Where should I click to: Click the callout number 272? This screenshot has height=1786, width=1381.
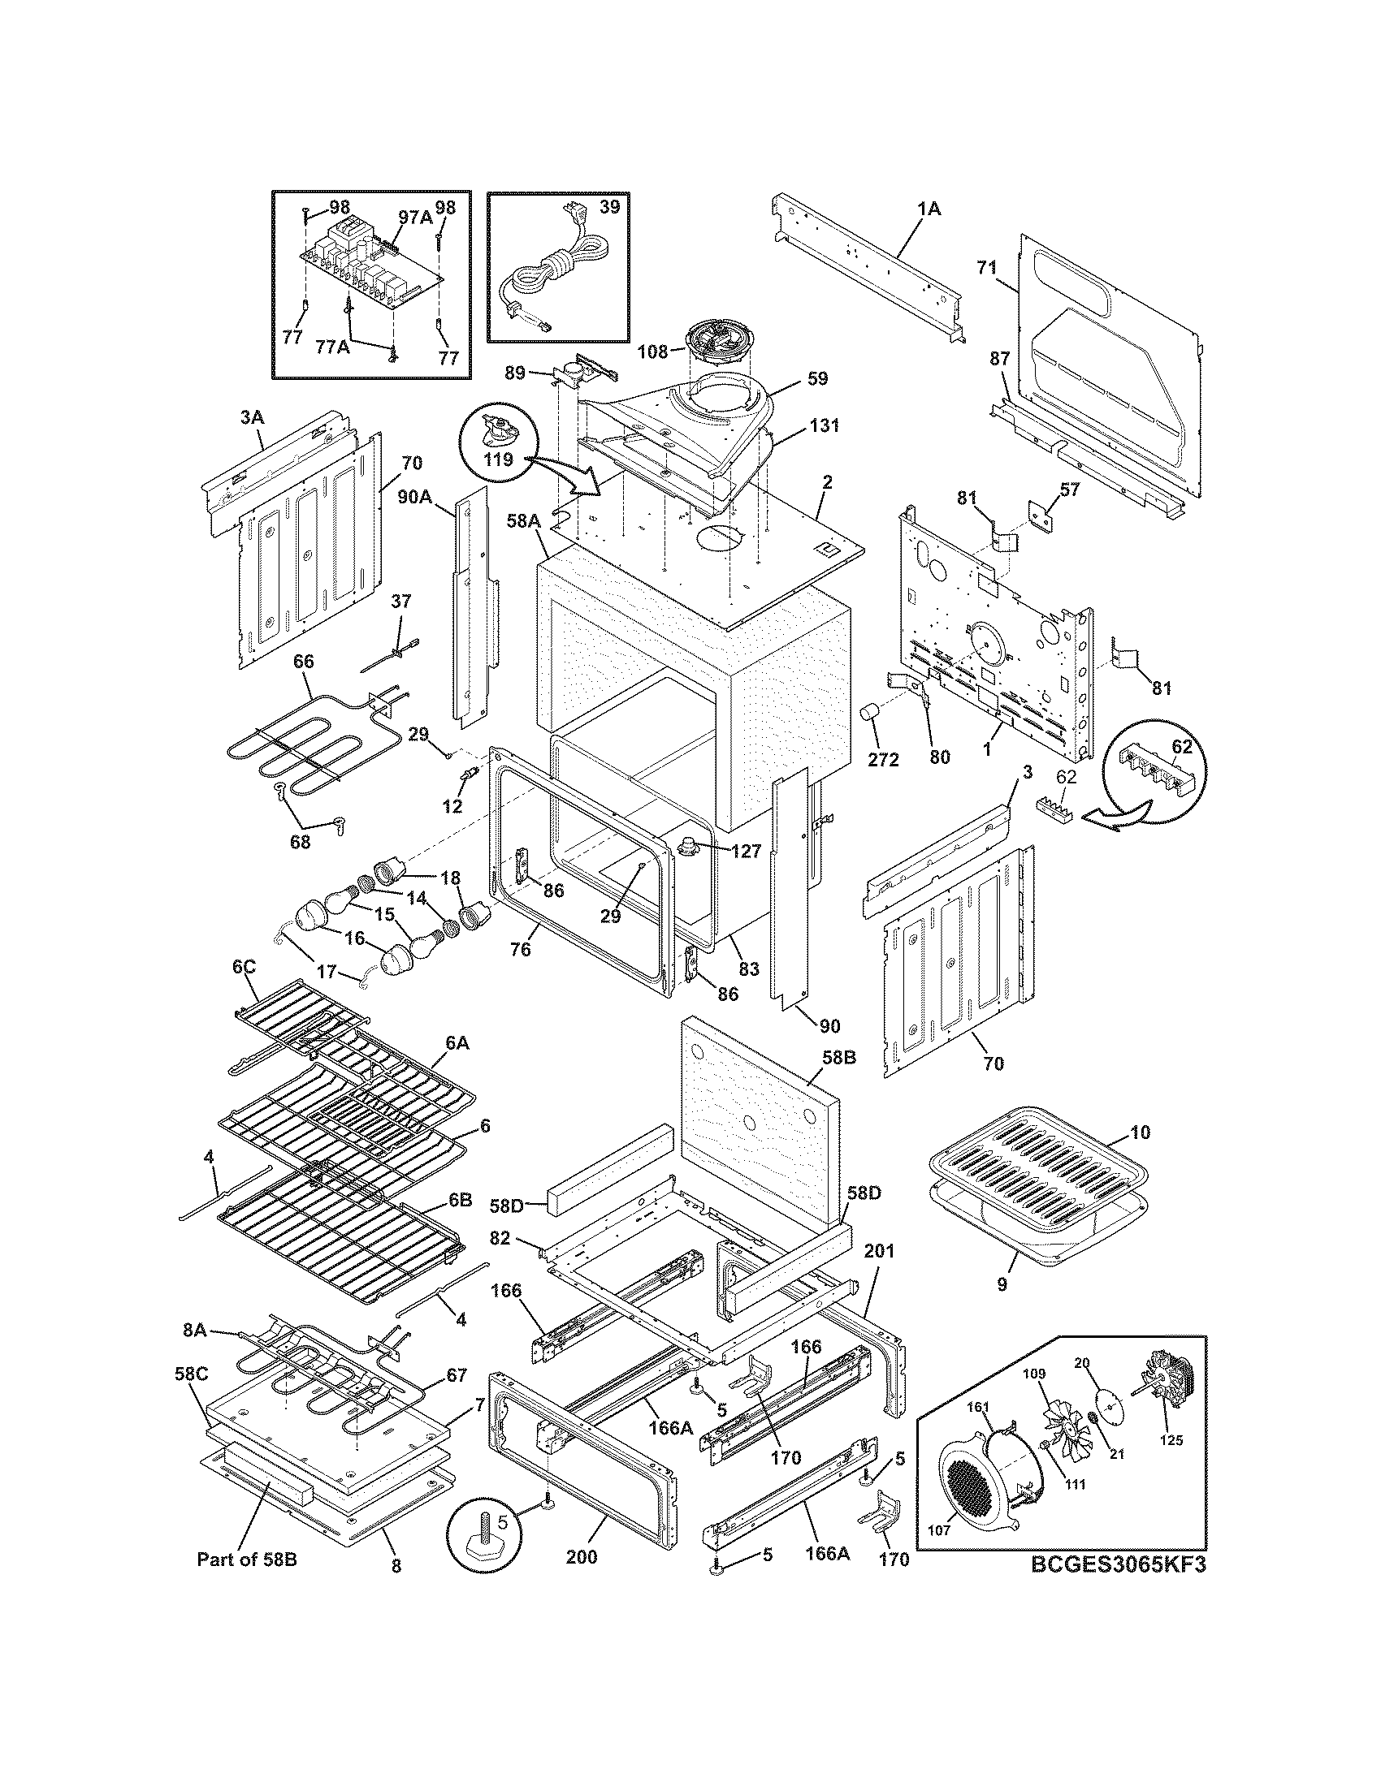click(884, 759)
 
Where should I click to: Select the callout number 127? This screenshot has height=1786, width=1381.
click(745, 851)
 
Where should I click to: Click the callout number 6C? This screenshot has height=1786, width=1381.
click(244, 968)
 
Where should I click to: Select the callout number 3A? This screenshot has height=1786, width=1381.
click(252, 417)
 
